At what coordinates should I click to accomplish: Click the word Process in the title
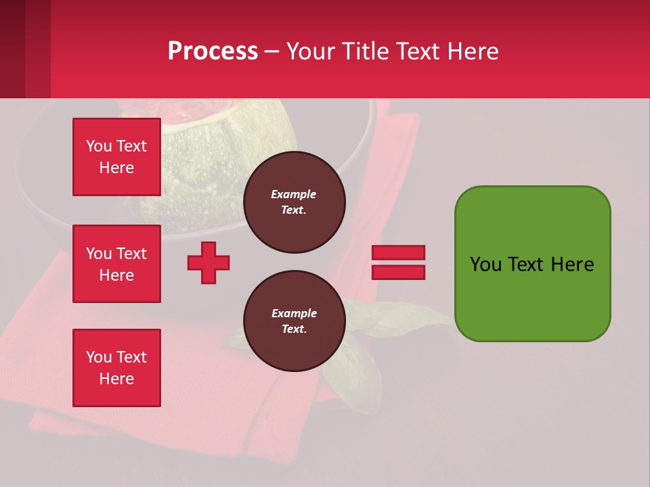(213, 51)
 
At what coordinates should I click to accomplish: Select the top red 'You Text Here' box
(116, 157)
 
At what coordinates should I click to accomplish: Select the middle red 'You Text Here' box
(116, 264)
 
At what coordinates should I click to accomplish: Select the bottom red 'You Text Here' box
(116, 367)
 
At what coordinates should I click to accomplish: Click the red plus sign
(209, 262)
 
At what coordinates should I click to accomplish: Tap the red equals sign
(398, 262)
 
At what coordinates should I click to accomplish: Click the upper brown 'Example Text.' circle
(294, 202)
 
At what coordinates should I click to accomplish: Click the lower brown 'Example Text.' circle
(294, 321)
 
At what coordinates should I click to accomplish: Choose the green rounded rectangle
(532, 264)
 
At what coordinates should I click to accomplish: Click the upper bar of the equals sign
(398, 253)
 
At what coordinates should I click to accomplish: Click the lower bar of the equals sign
(398, 272)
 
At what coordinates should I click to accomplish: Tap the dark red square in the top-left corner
(25, 49)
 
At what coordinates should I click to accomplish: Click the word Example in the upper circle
(294, 195)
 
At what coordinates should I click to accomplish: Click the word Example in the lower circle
(294, 314)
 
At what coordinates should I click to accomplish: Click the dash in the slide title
(272, 52)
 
